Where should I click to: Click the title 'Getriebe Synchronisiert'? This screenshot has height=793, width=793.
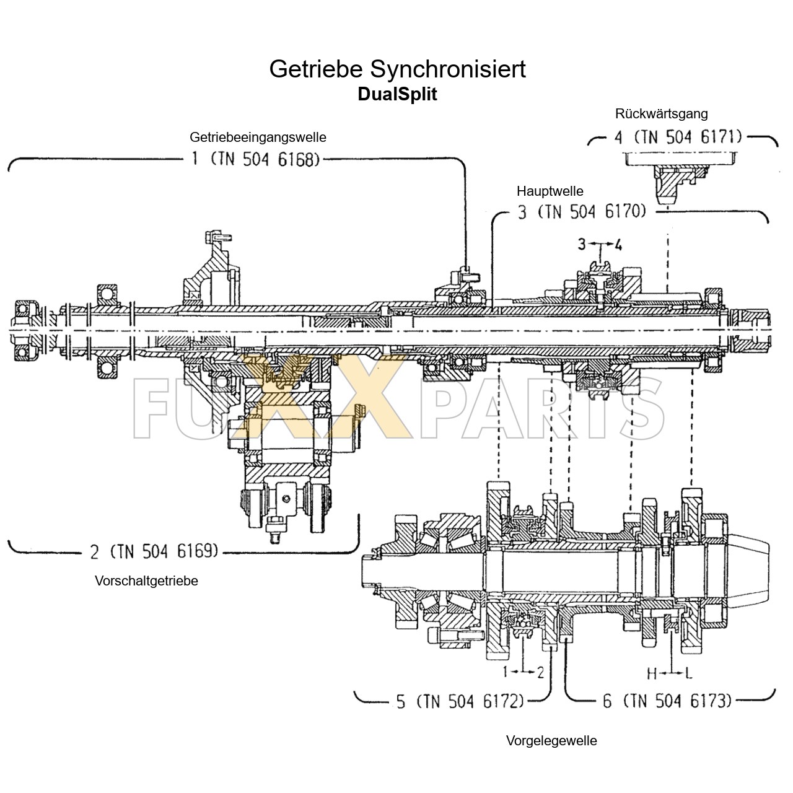point(397,69)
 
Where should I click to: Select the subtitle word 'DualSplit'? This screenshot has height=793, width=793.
point(397,94)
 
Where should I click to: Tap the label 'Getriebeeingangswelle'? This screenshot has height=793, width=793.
point(258,137)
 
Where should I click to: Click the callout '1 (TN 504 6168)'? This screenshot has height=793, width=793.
point(255,159)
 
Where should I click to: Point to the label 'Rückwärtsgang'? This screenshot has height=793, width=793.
point(661,114)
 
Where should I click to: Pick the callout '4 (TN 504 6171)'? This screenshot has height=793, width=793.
point(678,137)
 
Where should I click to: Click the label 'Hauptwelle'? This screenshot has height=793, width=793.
point(550,191)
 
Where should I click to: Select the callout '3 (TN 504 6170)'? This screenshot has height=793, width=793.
point(582,212)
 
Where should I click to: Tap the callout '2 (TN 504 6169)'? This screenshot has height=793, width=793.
point(154,550)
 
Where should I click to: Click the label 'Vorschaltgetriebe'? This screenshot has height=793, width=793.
point(146,581)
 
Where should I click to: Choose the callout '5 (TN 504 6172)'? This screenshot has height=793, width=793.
point(460,701)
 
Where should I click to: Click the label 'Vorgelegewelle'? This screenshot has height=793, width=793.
point(551,741)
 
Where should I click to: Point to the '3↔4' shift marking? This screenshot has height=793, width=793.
point(600,245)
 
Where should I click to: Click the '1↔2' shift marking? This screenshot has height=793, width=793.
point(524,672)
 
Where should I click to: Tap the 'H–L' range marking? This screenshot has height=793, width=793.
point(670,672)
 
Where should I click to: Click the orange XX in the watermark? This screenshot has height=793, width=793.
point(325,396)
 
